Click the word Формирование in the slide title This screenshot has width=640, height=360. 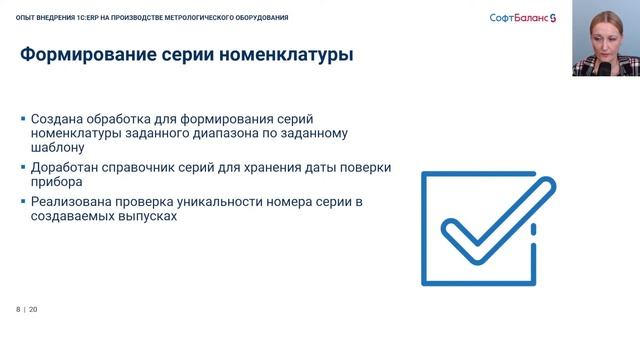click(87, 55)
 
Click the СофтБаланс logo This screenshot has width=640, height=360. click(527, 18)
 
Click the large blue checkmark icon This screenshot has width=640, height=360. click(481, 228)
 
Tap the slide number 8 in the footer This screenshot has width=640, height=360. click(18, 309)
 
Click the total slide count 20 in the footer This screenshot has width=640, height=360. click(33, 309)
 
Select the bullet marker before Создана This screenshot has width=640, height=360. click(23, 118)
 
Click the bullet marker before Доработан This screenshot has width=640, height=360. click(23, 167)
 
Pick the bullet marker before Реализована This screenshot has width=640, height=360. click(23, 203)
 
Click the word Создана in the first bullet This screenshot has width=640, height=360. click(59, 118)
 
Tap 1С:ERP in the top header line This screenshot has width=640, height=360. click(89, 18)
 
